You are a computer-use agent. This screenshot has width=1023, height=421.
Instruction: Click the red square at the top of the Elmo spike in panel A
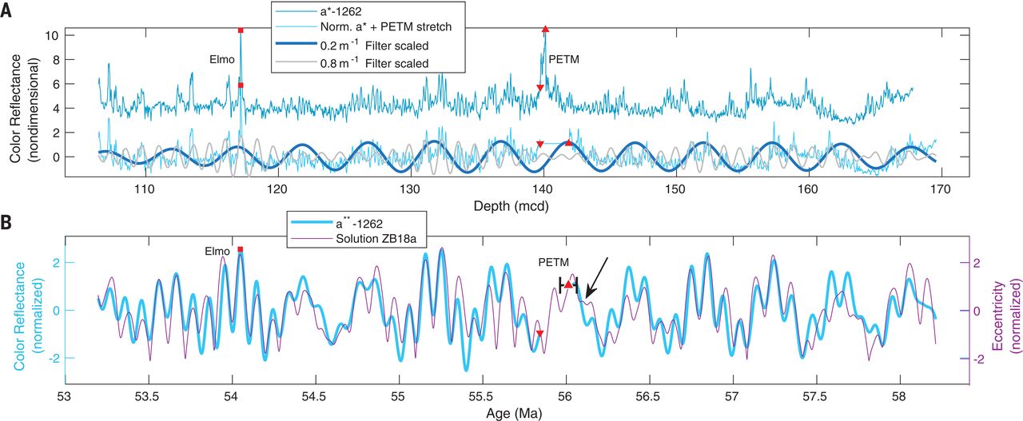(x=241, y=30)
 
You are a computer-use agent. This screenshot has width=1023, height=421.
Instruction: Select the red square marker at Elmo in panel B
(x=240, y=250)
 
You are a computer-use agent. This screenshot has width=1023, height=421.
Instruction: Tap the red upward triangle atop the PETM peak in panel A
(x=545, y=29)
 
